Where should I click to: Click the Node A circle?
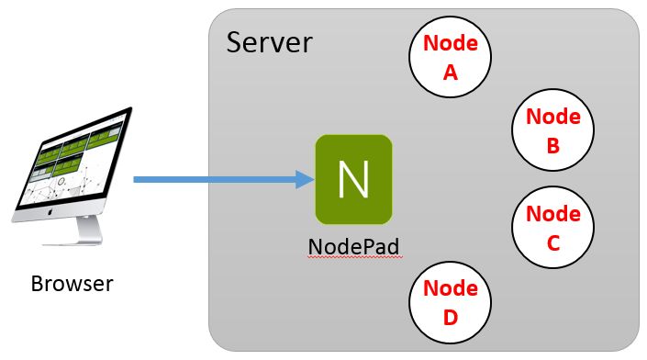[451, 57]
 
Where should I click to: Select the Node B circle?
[552, 130]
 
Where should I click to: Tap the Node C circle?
[552, 228]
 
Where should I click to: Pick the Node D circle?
[451, 302]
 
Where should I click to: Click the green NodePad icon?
[353, 179]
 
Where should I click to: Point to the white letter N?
[353, 179]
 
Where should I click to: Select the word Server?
[269, 43]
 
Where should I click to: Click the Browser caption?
[72, 283]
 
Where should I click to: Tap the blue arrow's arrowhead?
[305, 179]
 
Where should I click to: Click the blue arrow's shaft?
[211, 179]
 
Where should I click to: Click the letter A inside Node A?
[451, 73]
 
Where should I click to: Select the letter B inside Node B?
[552, 146]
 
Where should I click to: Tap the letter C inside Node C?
[552, 243]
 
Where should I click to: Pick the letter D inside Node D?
[451, 318]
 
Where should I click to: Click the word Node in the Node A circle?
[451, 43]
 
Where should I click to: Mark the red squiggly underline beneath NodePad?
[353, 260]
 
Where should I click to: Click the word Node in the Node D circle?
[451, 288]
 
